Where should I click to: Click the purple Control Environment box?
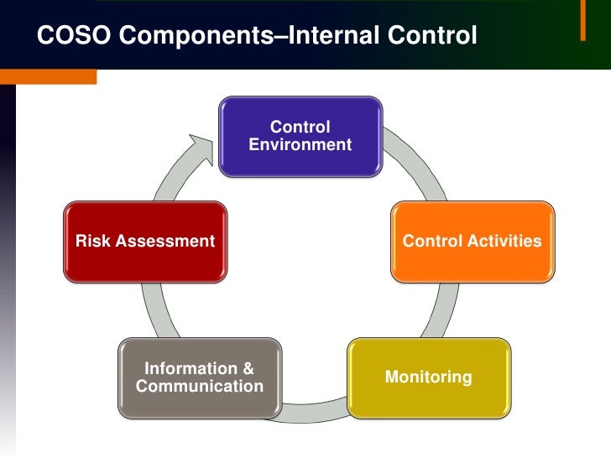click(300, 136)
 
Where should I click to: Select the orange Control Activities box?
click(472, 242)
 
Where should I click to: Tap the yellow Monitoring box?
click(428, 377)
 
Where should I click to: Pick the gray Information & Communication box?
click(199, 377)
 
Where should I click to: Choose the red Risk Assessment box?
click(145, 242)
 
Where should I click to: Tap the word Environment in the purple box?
click(300, 145)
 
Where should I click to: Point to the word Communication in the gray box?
click(199, 387)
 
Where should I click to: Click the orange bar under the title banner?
click(48, 76)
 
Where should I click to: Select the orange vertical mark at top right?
click(582, 21)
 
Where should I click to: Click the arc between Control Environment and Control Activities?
click(420, 164)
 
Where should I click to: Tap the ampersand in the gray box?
click(248, 368)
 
